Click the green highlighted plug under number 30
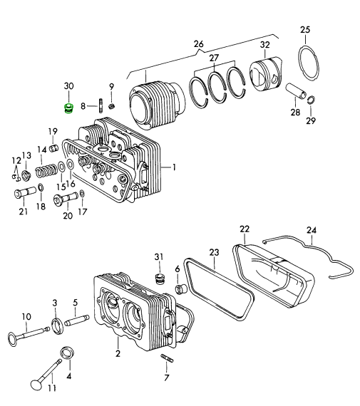tap(68, 108)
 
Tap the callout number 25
tap(305, 29)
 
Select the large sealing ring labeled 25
tap(309, 62)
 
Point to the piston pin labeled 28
tap(297, 91)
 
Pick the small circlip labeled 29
tap(312, 100)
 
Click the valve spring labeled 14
tap(46, 171)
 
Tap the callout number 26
tap(198, 44)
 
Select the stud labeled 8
tap(101, 105)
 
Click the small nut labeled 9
tap(112, 105)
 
